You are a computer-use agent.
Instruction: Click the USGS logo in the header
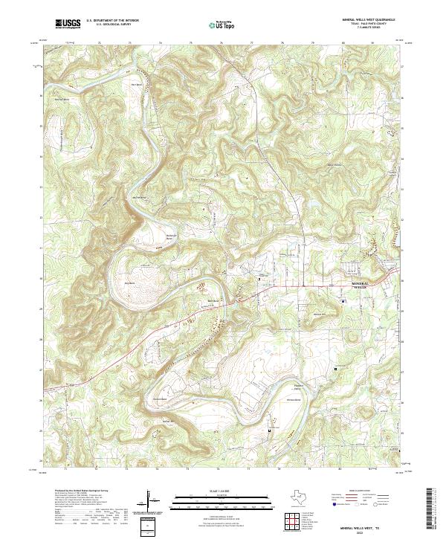pos(68,24)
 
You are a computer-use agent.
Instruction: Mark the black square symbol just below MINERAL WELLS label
pos(343,300)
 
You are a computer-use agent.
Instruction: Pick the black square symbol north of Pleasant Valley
pos(335,368)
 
